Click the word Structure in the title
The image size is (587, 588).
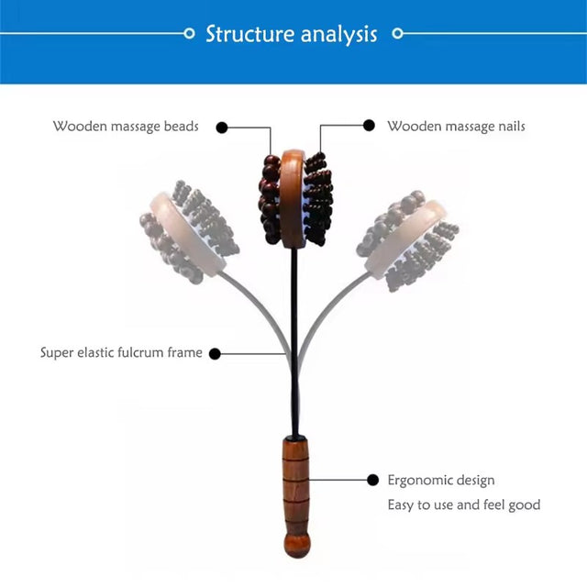click(250, 34)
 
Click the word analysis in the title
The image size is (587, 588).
click(338, 35)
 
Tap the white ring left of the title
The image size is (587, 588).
click(189, 33)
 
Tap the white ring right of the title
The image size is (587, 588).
click(398, 33)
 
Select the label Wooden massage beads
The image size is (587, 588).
click(126, 127)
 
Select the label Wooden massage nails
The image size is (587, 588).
click(456, 127)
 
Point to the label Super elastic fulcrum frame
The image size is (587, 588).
click(121, 352)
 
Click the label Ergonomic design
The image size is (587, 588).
click(441, 481)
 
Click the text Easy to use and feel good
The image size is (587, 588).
click(464, 505)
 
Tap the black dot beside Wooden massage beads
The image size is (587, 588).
click(222, 128)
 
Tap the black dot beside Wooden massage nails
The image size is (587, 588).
click(369, 126)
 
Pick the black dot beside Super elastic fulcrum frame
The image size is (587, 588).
click(215, 353)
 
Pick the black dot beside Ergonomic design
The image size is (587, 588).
click(372, 480)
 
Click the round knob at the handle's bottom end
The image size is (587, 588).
click(297, 545)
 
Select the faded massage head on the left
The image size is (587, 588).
click(189, 232)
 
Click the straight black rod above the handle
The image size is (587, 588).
click(295, 342)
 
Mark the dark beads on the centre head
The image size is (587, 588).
click(269, 199)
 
